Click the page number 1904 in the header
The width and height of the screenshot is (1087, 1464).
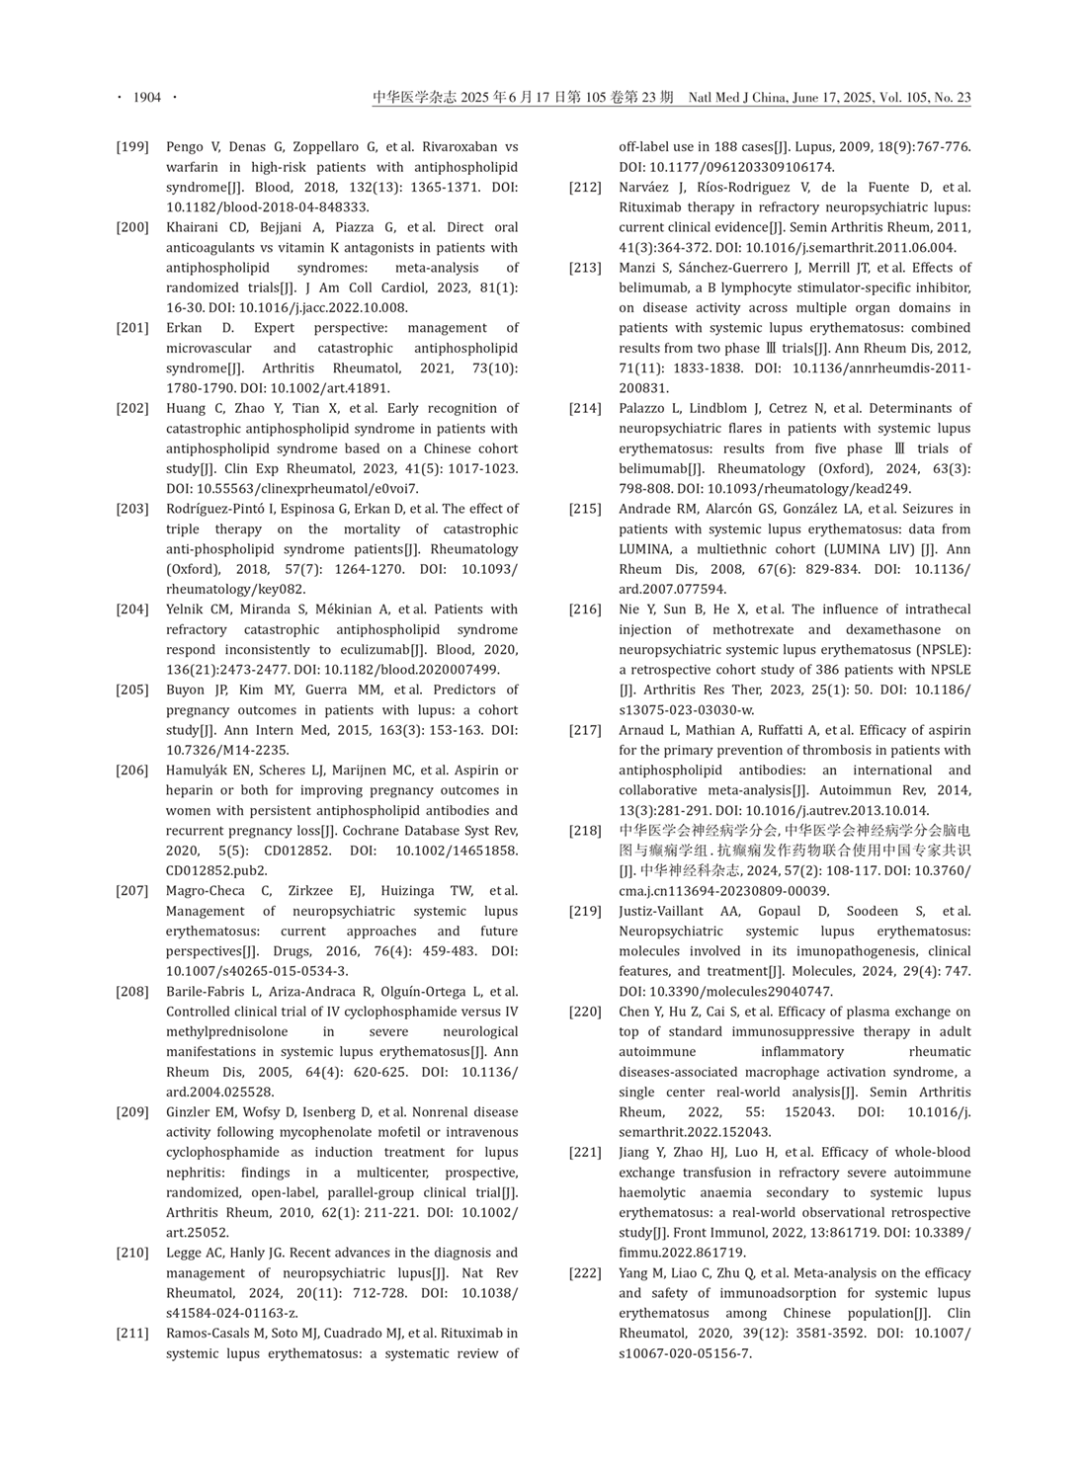click(146, 97)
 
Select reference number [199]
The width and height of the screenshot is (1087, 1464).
click(132, 147)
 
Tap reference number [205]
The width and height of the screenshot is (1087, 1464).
click(132, 691)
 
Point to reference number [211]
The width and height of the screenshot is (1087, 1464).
click(132, 1333)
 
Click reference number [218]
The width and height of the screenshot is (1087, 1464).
click(585, 831)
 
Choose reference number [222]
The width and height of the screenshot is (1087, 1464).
click(585, 1272)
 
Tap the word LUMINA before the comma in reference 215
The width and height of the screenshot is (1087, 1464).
click(645, 549)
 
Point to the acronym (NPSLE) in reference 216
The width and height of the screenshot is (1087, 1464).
click(943, 650)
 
